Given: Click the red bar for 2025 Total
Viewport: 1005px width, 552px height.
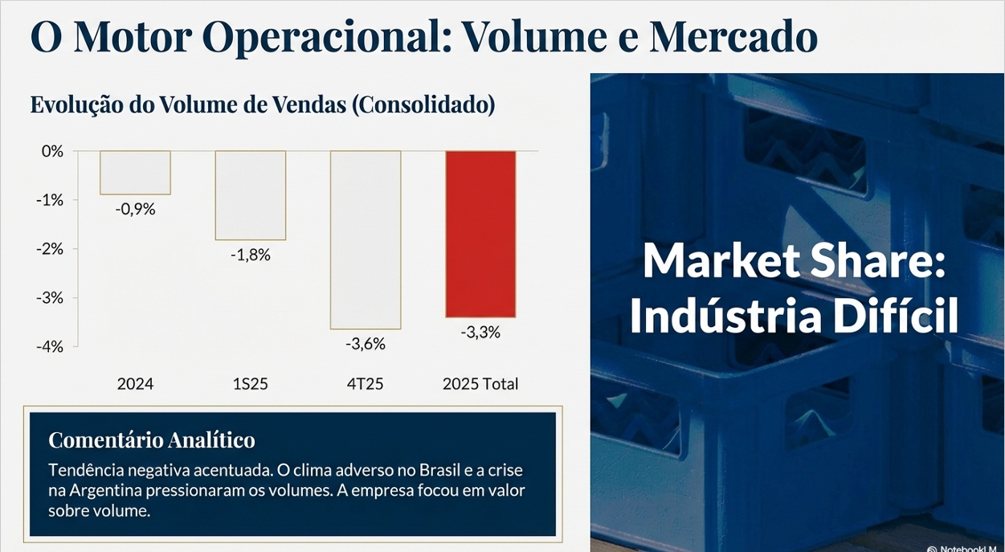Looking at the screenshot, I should tap(480, 234).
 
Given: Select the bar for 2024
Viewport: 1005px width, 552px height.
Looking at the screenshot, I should tap(135, 173).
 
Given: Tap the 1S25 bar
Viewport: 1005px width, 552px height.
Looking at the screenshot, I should tap(250, 195).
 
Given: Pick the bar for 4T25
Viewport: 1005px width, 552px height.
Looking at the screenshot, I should tap(366, 239).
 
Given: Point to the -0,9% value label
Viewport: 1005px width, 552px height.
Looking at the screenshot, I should tap(135, 210).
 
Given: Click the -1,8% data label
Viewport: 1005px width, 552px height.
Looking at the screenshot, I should tap(250, 256).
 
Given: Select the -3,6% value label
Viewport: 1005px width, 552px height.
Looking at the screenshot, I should tap(366, 344).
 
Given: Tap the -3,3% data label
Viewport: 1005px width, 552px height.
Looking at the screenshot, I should tap(480, 332).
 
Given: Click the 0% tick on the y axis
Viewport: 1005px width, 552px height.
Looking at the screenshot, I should tap(51, 151).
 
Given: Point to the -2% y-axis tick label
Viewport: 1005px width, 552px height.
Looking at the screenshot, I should tap(49, 248).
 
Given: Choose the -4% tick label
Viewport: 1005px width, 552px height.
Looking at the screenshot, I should tap(49, 346).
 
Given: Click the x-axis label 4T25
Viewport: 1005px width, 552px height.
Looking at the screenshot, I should tap(365, 384).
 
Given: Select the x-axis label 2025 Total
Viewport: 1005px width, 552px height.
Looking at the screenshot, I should tap(480, 384).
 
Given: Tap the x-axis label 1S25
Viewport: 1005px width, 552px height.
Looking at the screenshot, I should tap(250, 384).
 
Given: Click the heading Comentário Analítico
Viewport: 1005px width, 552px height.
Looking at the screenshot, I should tap(152, 440).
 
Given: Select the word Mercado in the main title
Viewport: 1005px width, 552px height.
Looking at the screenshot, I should tap(733, 36).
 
